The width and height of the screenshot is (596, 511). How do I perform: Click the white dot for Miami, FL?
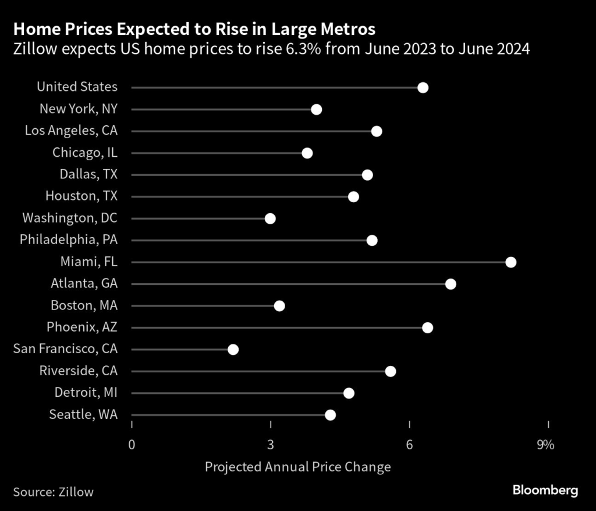[x=511, y=262]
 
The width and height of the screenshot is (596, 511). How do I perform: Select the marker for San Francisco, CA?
[x=233, y=350]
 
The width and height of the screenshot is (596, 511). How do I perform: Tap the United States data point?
[x=423, y=87]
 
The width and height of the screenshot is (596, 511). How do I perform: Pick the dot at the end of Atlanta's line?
[x=450, y=284]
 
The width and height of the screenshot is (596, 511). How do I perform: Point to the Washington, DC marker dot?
[x=270, y=219]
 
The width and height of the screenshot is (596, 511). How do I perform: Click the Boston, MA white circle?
[x=279, y=306]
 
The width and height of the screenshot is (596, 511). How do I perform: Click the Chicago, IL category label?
[x=84, y=153]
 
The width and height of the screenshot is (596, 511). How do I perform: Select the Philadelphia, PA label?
[x=68, y=240]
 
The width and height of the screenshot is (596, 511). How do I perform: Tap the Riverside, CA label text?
[x=78, y=371]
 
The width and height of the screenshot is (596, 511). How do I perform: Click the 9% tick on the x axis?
[x=546, y=446]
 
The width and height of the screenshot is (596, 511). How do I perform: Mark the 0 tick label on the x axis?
[x=132, y=446]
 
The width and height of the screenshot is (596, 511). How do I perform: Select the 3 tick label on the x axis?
[x=271, y=446]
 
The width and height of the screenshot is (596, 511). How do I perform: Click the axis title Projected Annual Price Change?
[x=297, y=467]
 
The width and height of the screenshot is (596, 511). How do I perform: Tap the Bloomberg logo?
[x=545, y=491]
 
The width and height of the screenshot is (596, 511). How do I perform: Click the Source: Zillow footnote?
[x=53, y=492]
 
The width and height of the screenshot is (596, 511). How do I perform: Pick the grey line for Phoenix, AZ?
[x=279, y=327]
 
